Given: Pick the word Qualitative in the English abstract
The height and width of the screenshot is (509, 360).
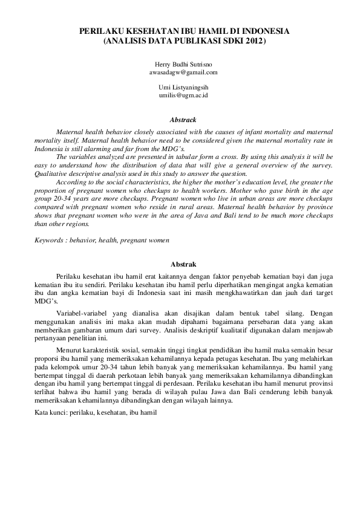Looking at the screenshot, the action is pos(50,172).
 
